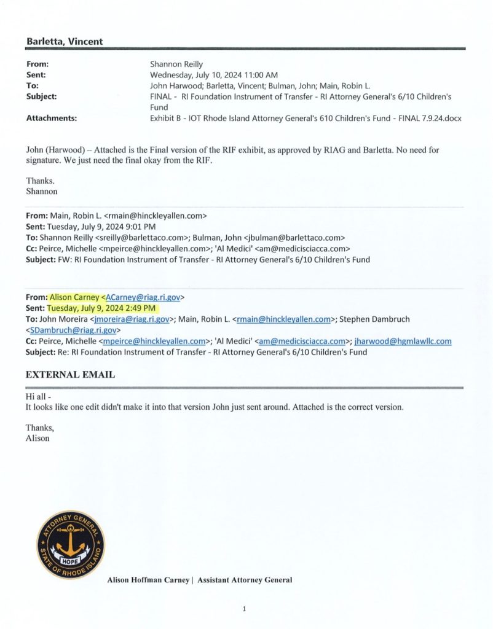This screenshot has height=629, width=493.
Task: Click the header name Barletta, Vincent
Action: click(x=64, y=42)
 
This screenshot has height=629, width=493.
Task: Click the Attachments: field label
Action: click(x=51, y=118)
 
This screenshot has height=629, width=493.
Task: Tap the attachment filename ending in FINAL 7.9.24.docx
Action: click(x=306, y=118)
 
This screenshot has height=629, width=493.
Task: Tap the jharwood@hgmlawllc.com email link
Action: click(x=403, y=341)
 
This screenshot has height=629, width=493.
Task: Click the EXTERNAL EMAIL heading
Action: click(x=70, y=374)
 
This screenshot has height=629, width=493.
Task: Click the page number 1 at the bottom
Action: click(x=244, y=609)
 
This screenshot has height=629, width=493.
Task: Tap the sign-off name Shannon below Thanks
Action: click(x=42, y=191)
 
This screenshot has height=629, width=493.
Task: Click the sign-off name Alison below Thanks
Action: click(x=37, y=439)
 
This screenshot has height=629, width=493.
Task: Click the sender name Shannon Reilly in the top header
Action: click(x=177, y=64)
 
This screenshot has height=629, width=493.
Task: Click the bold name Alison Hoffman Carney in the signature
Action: click(x=149, y=580)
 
